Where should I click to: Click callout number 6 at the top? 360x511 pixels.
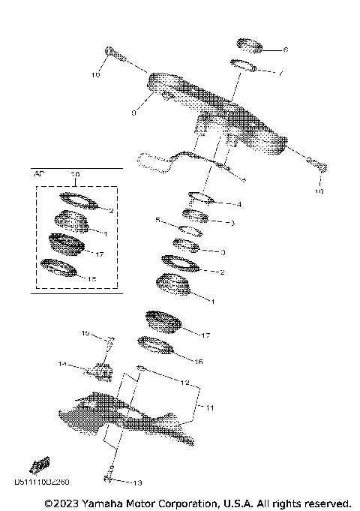click(x=286, y=50)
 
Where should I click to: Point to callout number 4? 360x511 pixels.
click(x=239, y=204)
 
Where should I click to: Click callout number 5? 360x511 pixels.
click(x=157, y=221)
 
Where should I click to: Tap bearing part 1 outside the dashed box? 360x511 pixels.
click(x=173, y=286)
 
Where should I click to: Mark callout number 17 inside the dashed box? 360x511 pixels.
click(x=99, y=254)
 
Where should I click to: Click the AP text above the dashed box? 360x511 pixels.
click(x=40, y=173)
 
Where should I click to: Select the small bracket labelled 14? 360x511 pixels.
click(x=100, y=370)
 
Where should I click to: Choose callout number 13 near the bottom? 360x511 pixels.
click(x=136, y=482)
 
